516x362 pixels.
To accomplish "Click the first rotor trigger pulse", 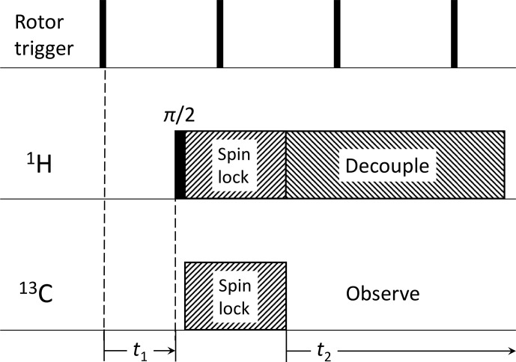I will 103,34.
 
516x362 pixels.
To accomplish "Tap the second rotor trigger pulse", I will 220,34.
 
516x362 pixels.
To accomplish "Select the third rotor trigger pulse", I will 337,34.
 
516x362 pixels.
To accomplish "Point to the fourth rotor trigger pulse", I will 454,34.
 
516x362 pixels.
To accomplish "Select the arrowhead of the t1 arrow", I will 171,347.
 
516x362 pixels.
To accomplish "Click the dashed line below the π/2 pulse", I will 175,262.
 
